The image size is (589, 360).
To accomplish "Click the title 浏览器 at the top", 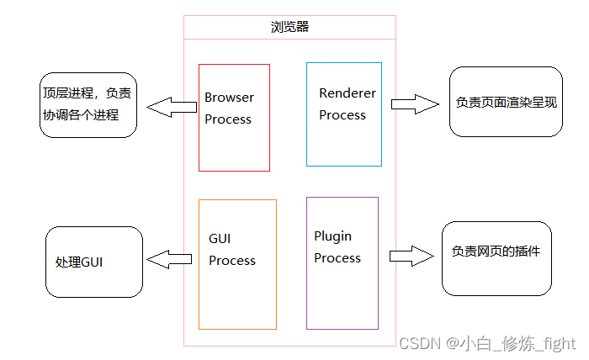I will [289, 27].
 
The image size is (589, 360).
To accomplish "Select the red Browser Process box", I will [234, 118].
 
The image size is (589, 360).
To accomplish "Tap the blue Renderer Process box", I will [343, 114].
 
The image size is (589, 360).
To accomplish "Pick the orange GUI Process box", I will [237, 264].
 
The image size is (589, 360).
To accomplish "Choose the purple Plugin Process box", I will [342, 262].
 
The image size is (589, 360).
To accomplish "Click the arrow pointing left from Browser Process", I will [172, 107].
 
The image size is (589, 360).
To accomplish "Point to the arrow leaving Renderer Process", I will [415, 103].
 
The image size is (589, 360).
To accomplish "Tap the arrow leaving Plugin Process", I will [412, 256].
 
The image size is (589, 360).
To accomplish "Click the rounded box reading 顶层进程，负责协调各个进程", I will [88, 105].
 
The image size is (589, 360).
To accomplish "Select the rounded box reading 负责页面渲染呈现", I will [506, 102].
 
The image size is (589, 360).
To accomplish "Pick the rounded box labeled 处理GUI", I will [94, 262].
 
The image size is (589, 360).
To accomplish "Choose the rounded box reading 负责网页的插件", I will [496, 258].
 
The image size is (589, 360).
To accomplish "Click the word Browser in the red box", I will [229, 98].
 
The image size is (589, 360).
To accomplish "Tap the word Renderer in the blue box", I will [348, 93].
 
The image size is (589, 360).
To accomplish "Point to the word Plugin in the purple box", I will [333, 236].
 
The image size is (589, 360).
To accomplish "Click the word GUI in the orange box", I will [220, 239].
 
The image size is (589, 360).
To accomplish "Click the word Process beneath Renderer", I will [342, 115].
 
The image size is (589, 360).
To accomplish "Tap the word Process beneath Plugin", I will [337, 258].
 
